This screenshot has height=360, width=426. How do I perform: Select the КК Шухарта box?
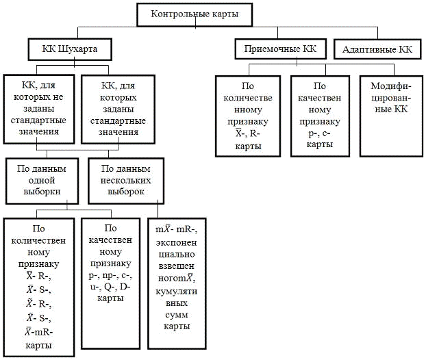coord(69,49)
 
